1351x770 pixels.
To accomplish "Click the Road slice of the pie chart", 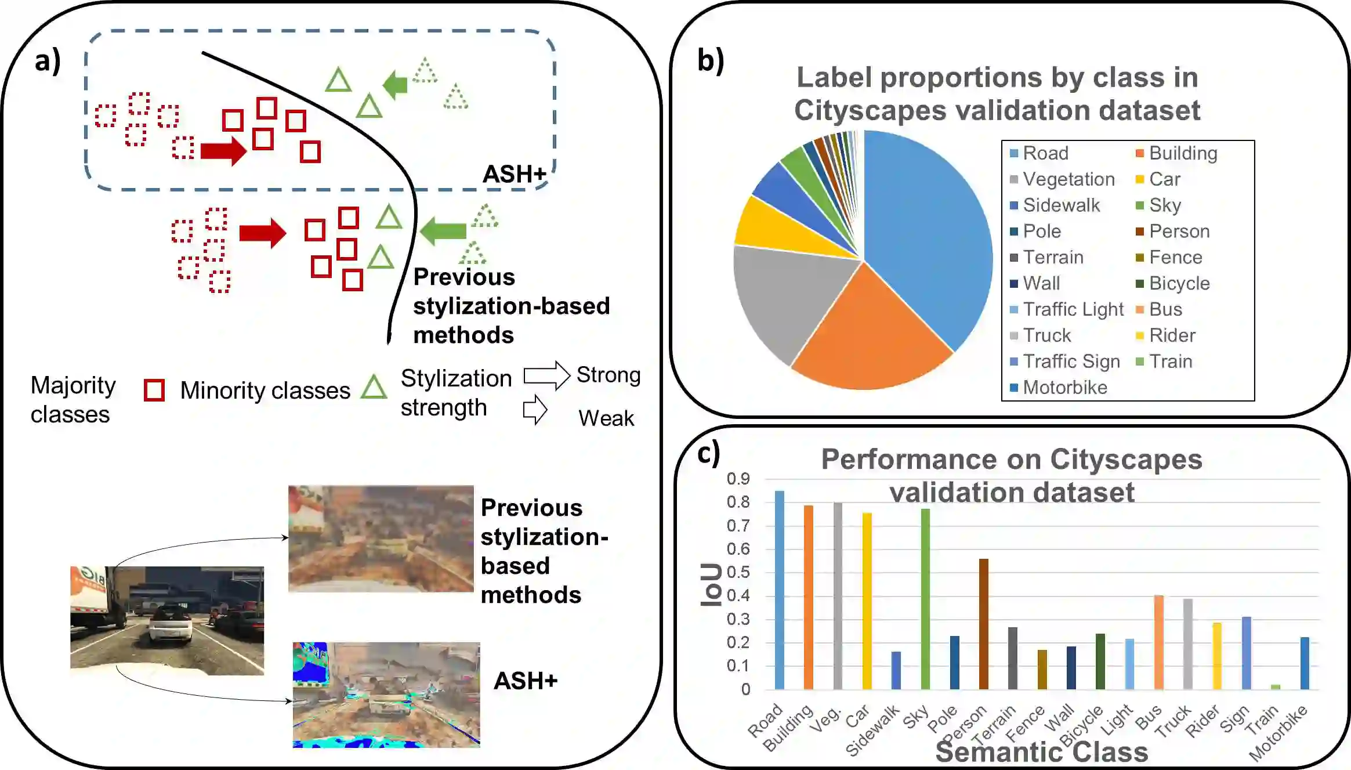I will click(x=928, y=232).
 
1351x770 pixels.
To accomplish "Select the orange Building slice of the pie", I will click(x=870, y=331).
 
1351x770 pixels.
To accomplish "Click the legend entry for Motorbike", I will click(x=1064, y=387).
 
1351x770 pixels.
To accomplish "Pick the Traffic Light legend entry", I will click(x=1073, y=309).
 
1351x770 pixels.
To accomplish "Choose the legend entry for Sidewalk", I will click(x=1061, y=205).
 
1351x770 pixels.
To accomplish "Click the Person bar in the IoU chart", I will click(x=984, y=624).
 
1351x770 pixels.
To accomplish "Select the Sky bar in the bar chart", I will click(x=925, y=598).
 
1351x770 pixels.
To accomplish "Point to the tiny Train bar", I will click(x=1276, y=686).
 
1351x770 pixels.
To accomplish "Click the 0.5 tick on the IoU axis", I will click(x=738, y=572).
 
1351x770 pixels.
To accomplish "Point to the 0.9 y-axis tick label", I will click(x=738, y=479).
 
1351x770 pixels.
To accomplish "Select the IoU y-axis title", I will click(x=711, y=585).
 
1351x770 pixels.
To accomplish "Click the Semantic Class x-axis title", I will click(x=1042, y=752).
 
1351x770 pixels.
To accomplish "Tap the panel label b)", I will click(x=711, y=60).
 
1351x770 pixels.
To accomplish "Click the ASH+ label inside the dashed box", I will click(x=515, y=173).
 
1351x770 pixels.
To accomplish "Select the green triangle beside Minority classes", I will click(x=374, y=387).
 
